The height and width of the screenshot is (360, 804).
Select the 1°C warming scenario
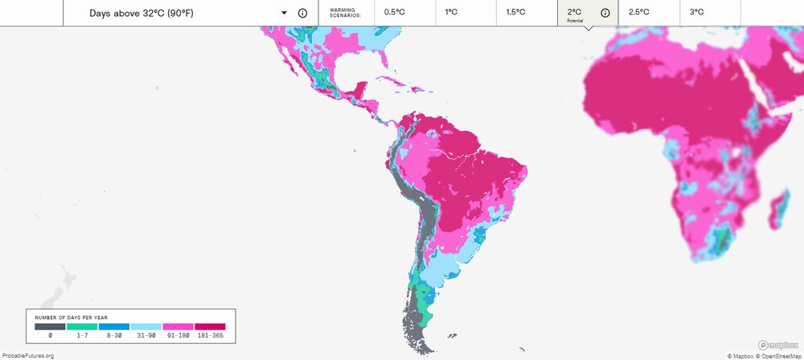pos(466,13)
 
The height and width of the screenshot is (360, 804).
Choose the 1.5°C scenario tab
pos(527,13)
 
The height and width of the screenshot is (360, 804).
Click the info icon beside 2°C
pos(605,13)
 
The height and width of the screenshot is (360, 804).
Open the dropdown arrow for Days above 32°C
pos(284,14)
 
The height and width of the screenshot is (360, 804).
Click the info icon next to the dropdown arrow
pos(302,14)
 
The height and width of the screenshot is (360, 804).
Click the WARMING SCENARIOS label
pos(346,13)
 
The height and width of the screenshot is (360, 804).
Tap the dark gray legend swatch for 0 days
pos(50,327)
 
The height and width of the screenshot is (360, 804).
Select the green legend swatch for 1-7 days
pos(82,327)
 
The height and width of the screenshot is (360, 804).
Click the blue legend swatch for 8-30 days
pos(114,327)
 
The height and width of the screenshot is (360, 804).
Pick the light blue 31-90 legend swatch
pos(146,327)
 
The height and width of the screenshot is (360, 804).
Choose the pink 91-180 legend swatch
pos(178,327)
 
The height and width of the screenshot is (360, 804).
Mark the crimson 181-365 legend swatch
pos(210,327)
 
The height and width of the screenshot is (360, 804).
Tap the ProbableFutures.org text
pos(28,355)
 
